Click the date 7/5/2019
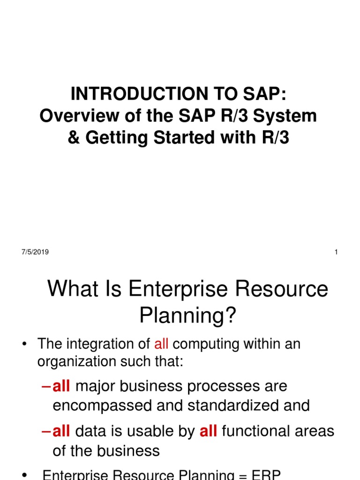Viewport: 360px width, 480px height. tap(35, 252)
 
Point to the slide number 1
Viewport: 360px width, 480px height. tap(336, 252)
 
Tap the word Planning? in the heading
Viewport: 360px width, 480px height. tap(188, 317)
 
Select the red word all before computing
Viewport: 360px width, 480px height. tap(161, 344)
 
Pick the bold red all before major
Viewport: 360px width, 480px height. tap(61, 386)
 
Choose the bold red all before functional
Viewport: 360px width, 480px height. tap(208, 431)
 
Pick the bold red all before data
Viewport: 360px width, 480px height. tap(61, 431)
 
